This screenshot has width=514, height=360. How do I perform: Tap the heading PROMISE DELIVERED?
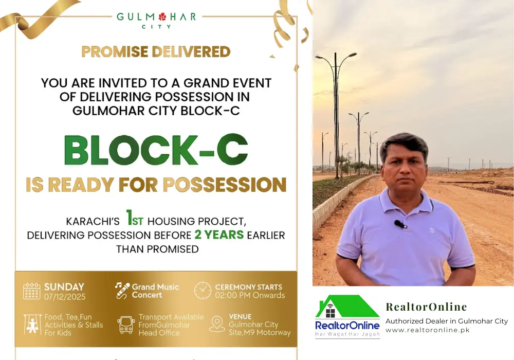[156, 52]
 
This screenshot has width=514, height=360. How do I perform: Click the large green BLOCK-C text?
[156, 151]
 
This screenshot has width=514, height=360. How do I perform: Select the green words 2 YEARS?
[219, 235]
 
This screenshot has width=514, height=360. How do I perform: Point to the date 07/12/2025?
[64, 297]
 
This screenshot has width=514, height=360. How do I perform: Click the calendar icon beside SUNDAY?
[32, 291]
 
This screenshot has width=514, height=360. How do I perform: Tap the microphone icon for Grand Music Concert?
[122, 291]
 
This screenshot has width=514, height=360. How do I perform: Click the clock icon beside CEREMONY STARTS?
[203, 291]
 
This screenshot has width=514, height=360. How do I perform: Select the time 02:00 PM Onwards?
[250, 295]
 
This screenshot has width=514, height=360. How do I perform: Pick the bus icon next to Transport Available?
[126, 325]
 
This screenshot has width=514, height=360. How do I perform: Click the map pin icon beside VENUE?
[216, 324]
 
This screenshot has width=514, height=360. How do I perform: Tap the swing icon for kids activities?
[32, 325]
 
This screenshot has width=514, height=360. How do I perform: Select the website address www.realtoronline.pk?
[420, 330]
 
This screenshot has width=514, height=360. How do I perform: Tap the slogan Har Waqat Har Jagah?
[347, 335]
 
